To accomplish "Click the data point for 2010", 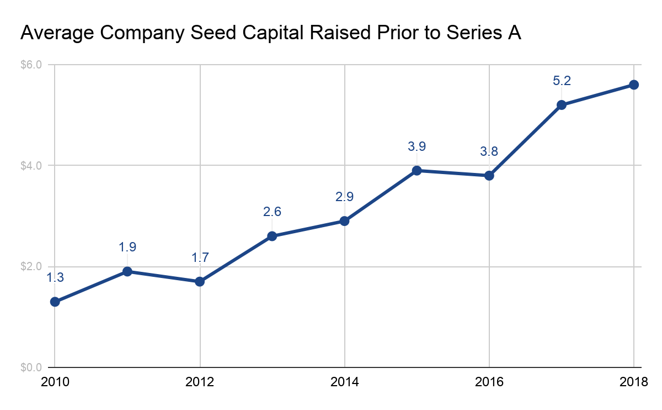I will [55, 302].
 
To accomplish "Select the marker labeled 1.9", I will [127, 271].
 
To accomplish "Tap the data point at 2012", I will [200, 281].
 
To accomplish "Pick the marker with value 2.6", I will [272, 236].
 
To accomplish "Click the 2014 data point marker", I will [344, 221].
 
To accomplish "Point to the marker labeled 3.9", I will [417, 170].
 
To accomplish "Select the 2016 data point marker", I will [489, 176].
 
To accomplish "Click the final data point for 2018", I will [634, 85].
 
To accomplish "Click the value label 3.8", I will [489, 152].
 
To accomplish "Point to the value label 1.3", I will [55, 278].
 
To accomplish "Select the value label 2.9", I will [344, 197].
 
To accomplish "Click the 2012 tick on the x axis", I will [200, 382].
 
